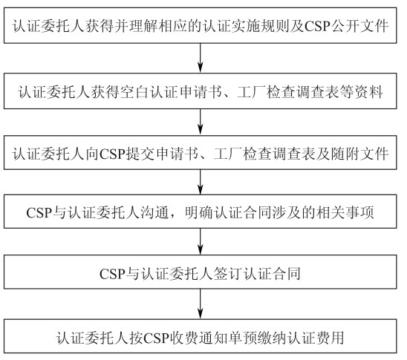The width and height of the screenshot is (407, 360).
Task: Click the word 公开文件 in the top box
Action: [360, 26]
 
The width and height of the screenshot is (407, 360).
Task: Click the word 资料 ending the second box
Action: [369, 92]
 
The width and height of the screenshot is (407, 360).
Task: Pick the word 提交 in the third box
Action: [140, 154]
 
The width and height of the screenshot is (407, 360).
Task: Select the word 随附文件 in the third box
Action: [359, 154]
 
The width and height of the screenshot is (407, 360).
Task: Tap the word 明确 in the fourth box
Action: [199, 213]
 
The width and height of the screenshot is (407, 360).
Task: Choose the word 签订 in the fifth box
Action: [229, 274]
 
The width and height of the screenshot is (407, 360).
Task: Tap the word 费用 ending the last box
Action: [330, 338]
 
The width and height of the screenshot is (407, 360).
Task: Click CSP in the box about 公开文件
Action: [317, 26]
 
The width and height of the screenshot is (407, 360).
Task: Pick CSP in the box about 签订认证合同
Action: [112, 274]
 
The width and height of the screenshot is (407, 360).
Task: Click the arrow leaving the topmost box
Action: [200, 58]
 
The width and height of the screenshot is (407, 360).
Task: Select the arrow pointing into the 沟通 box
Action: [200, 182]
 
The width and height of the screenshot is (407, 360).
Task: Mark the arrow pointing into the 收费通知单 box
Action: [200, 304]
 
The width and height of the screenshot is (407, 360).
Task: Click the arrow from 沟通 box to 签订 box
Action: [200, 242]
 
